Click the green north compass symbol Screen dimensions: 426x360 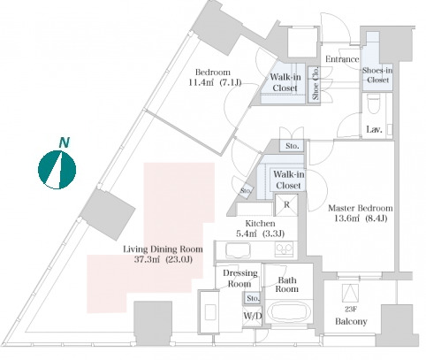(57, 170)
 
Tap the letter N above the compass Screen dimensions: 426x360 (65, 142)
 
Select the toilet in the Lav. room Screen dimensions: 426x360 (373, 103)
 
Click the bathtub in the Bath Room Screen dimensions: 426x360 (289, 312)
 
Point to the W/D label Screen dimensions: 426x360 (253, 316)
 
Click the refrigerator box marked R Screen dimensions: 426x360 (286, 205)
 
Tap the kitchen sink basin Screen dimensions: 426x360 (238, 250)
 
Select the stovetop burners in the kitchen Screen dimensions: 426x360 (284, 249)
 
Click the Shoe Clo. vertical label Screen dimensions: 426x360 (316, 83)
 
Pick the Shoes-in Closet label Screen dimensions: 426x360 (377, 75)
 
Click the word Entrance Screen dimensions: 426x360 (342, 59)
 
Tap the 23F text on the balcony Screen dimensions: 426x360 (350, 310)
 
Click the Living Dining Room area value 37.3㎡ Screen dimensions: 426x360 (148, 259)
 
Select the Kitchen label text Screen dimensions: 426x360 (260, 224)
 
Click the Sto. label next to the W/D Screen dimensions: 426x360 (253, 298)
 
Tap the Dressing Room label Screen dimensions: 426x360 (240, 279)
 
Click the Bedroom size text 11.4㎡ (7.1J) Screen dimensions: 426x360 (215, 82)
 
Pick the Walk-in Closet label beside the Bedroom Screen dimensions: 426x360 (285, 82)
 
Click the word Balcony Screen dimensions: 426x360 (351, 321)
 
